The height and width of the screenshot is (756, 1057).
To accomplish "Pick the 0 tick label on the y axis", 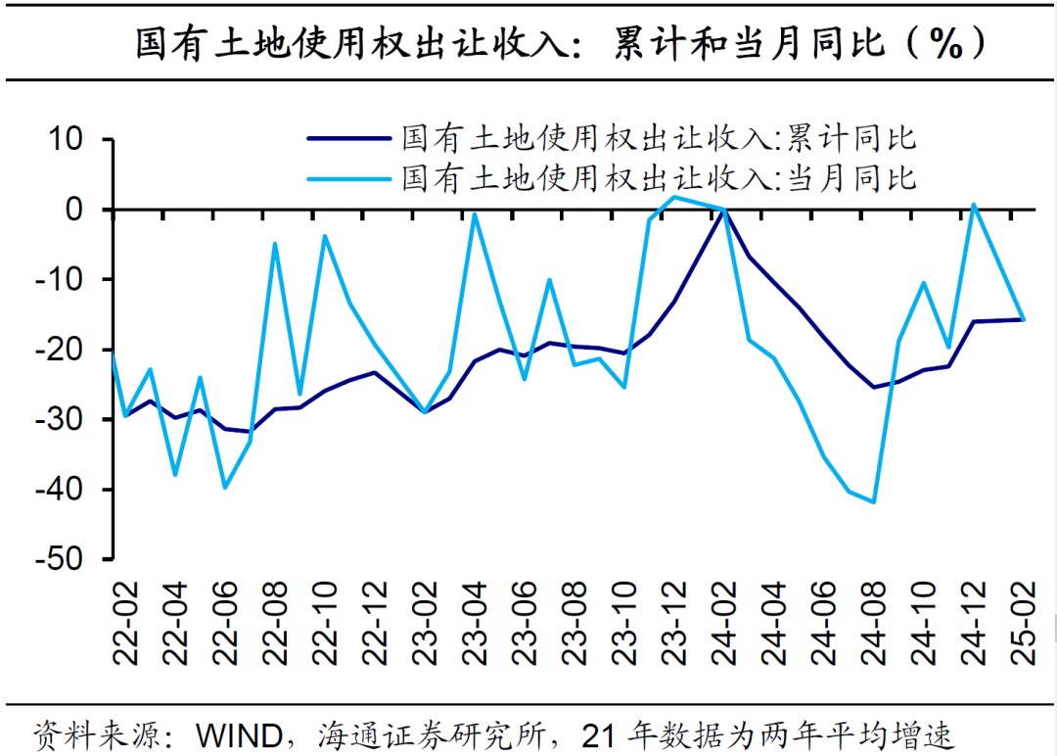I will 84,210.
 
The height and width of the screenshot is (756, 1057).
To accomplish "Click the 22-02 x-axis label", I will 126,623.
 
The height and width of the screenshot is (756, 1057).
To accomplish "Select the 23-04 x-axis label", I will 476,623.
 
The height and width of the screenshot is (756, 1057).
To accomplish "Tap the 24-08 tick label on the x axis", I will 874,623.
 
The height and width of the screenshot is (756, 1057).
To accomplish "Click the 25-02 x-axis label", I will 1024,623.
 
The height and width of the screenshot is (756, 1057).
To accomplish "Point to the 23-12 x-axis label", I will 674,623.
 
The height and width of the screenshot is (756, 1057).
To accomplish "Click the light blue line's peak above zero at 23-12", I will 674,197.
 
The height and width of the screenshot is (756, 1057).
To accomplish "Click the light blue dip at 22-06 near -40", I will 225,487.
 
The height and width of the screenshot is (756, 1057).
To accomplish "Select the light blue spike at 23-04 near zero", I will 475,214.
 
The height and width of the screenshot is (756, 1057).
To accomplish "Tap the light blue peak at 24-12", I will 974,205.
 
